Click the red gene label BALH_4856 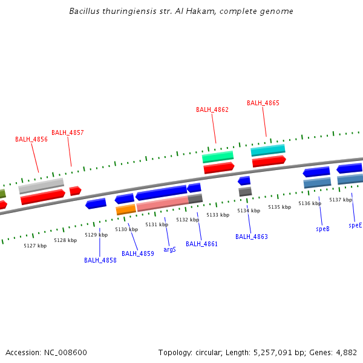click(31, 139)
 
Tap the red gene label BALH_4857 click(68, 132)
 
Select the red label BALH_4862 click(212, 110)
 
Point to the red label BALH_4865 click(263, 103)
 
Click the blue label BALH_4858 click(100, 260)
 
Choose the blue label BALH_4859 click(138, 253)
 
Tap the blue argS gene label click(170, 249)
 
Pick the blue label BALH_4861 click(202, 244)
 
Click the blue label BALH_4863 click(252, 237)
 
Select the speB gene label click(322, 229)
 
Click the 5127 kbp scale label click(35, 246)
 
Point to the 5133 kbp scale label click(218, 215)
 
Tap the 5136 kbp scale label click(310, 203)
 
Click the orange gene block click(126, 210)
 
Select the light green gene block click(218, 157)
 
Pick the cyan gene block click(268, 149)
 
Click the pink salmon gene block click(162, 204)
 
